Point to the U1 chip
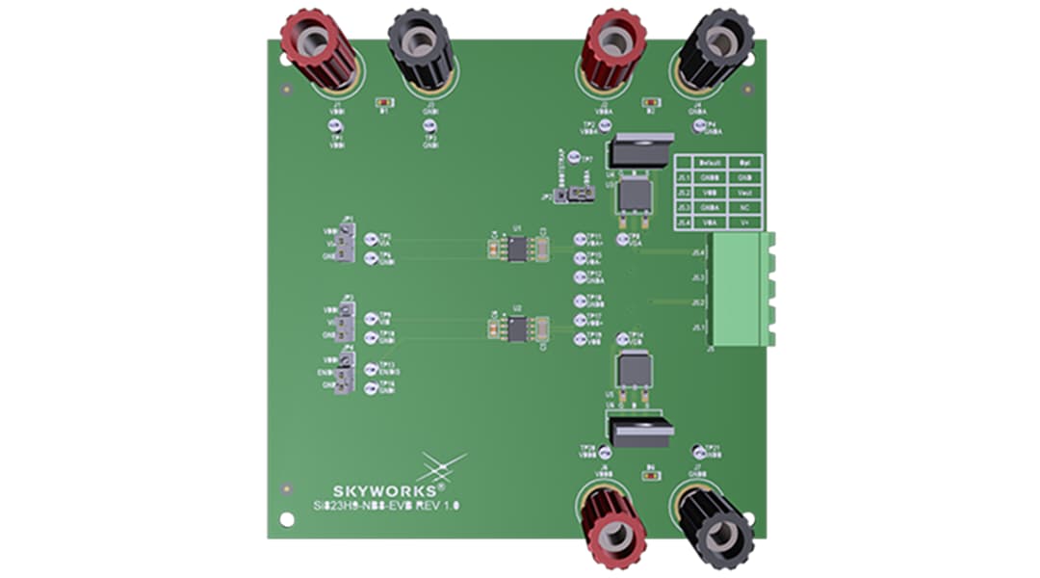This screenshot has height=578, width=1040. tap(517, 250)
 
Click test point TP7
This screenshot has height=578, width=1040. tap(574, 158)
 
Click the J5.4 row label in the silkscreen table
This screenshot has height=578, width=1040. tap(684, 223)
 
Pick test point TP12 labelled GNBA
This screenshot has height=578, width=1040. tap(581, 276)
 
